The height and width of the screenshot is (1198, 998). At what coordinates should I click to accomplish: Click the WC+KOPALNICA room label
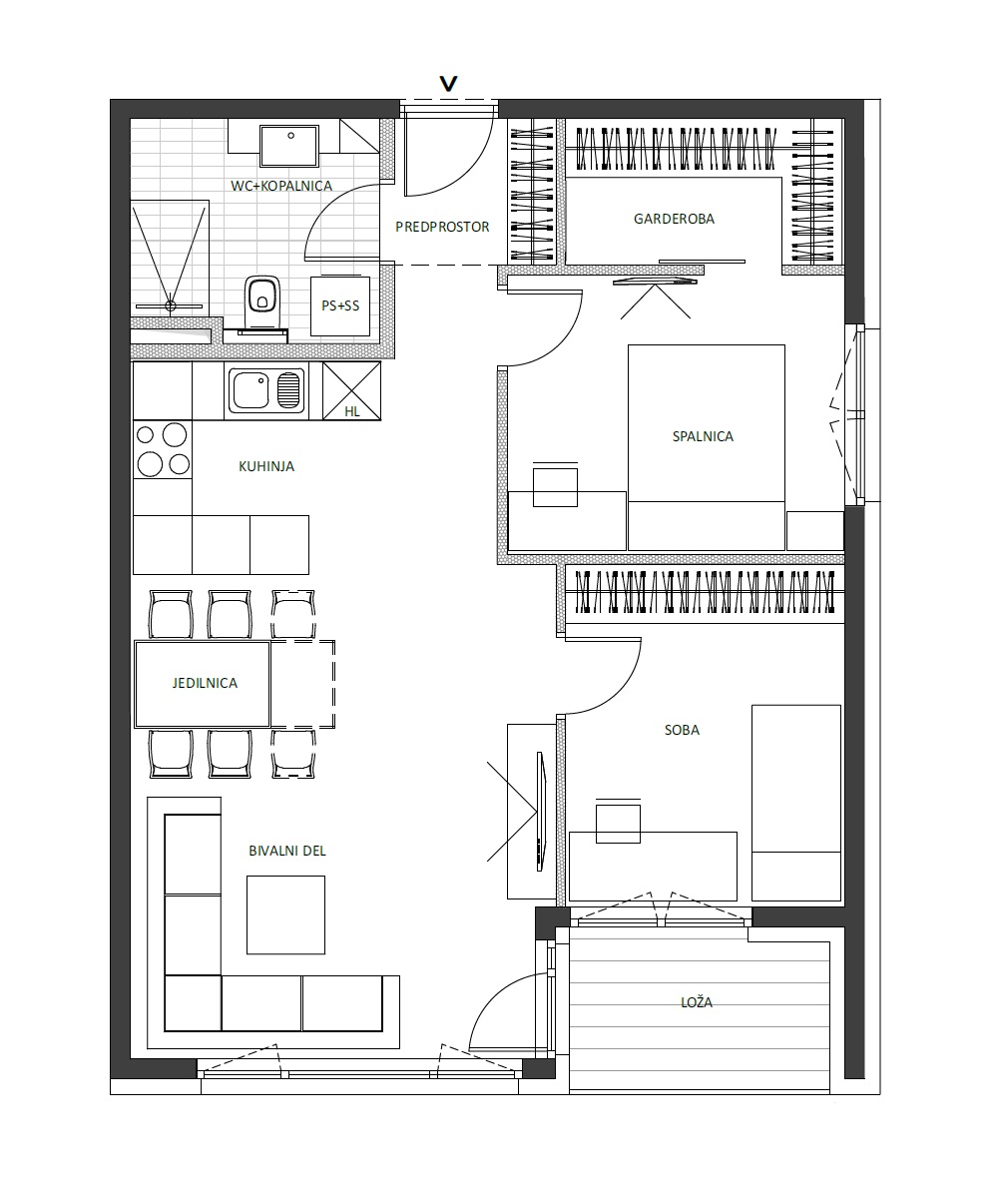[281, 186]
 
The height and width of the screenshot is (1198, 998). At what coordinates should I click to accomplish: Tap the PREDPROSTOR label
[442, 228]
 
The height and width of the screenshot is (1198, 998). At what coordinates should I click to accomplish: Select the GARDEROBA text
[674, 219]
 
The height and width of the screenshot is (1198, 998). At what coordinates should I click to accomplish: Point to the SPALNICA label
[703, 436]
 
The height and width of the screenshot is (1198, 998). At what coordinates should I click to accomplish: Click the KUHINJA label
[266, 466]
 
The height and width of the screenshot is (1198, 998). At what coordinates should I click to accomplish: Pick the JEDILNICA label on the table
[205, 683]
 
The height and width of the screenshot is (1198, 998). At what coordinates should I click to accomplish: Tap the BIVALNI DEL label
[287, 851]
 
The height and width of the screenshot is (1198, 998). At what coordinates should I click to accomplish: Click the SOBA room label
[682, 731]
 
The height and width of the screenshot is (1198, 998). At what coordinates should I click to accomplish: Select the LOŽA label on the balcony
[697, 1002]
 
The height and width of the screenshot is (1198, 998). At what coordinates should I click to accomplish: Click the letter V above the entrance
[448, 84]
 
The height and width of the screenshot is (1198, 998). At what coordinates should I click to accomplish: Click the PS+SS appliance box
[340, 305]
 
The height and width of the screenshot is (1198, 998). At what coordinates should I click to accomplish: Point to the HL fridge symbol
[351, 390]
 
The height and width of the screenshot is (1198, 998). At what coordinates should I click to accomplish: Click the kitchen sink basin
[250, 390]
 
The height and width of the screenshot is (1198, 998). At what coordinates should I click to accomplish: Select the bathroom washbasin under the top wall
[289, 146]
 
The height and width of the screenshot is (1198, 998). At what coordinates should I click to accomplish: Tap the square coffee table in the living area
[285, 914]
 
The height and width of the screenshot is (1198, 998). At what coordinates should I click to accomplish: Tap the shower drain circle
[171, 305]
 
